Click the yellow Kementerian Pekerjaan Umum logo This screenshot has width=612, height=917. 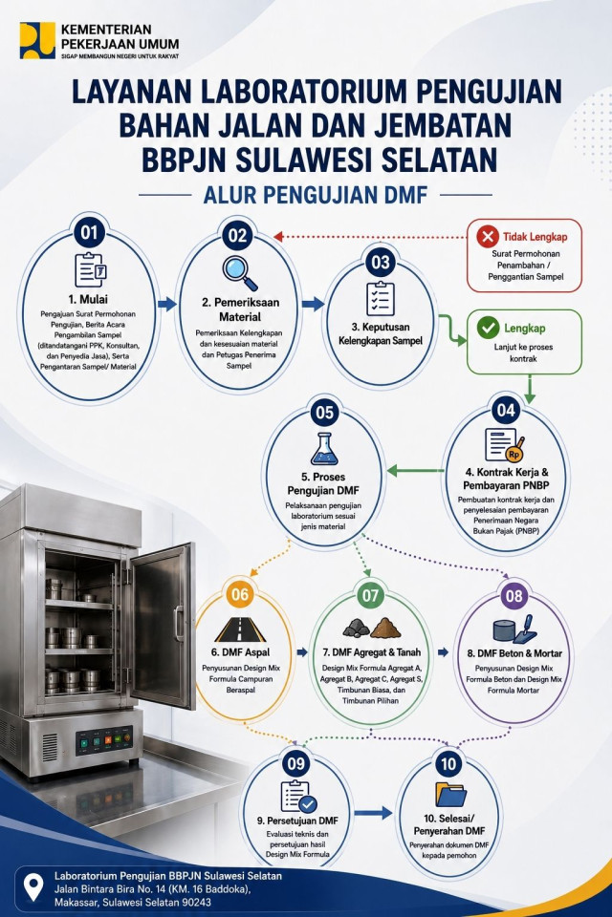pyautogui.click(x=37, y=40)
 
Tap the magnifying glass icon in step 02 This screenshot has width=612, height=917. pyautogui.click(x=240, y=273)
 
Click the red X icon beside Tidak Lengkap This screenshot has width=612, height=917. pyautogui.click(x=488, y=237)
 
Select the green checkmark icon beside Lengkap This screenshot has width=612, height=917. pyautogui.click(x=488, y=328)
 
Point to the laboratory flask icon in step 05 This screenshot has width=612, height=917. pyautogui.click(x=324, y=449)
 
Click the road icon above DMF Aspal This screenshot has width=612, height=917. pyautogui.click(x=240, y=629)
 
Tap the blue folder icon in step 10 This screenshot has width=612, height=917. pyautogui.click(x=450, y=794)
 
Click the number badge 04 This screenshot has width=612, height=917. pyautogui.click(x=506, y=410)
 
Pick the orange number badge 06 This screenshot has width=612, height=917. pyautogui.click(x=240, y=595)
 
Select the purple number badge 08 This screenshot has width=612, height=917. pyautogui.click(x=514, y=596)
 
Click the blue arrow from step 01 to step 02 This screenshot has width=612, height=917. pyautogui.click(x=167, y=304)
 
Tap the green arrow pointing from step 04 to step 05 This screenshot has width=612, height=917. pyautogui.click(x=415, y=470)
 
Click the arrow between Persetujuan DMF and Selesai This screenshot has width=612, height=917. pyautogui.click(x=373, y=812)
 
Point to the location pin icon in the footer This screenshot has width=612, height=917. pyautogui.click(x=34, y=887)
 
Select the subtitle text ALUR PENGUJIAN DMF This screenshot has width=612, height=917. pyautogui.click(x=315, y=195)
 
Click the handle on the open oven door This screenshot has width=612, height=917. pyautogui.click(x=178, y=624)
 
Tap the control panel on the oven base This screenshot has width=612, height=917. pyautogui.click(x=104, y=741)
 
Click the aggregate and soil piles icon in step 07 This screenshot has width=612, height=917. pyautogui.click(x=372, y=628)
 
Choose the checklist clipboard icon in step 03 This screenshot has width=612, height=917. pyautogui.click(x=380, y=298)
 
